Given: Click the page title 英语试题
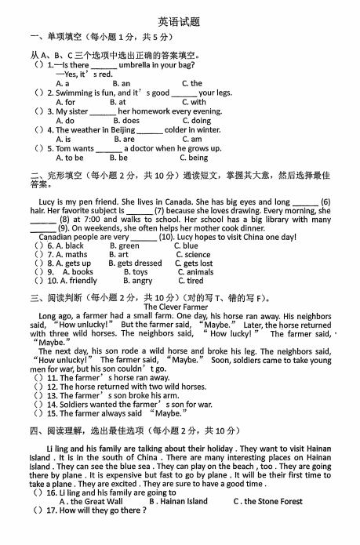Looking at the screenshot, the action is pyautogui.click(x=180, y=21).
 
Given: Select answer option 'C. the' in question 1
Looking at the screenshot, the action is pyautogui.click(x=191, y=83).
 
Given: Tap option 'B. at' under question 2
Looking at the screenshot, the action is pyautogui.click(x=118, y=102).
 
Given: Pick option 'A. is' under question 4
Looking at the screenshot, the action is pyautogui.click(x=64, y=140).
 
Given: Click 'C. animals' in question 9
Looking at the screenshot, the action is pyautogui.click(x=195, y=272).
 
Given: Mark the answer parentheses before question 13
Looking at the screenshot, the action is pyautogui.click(x=38, y=396).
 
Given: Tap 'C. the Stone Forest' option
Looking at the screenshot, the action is pyautogui.click(x=267, y=501).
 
